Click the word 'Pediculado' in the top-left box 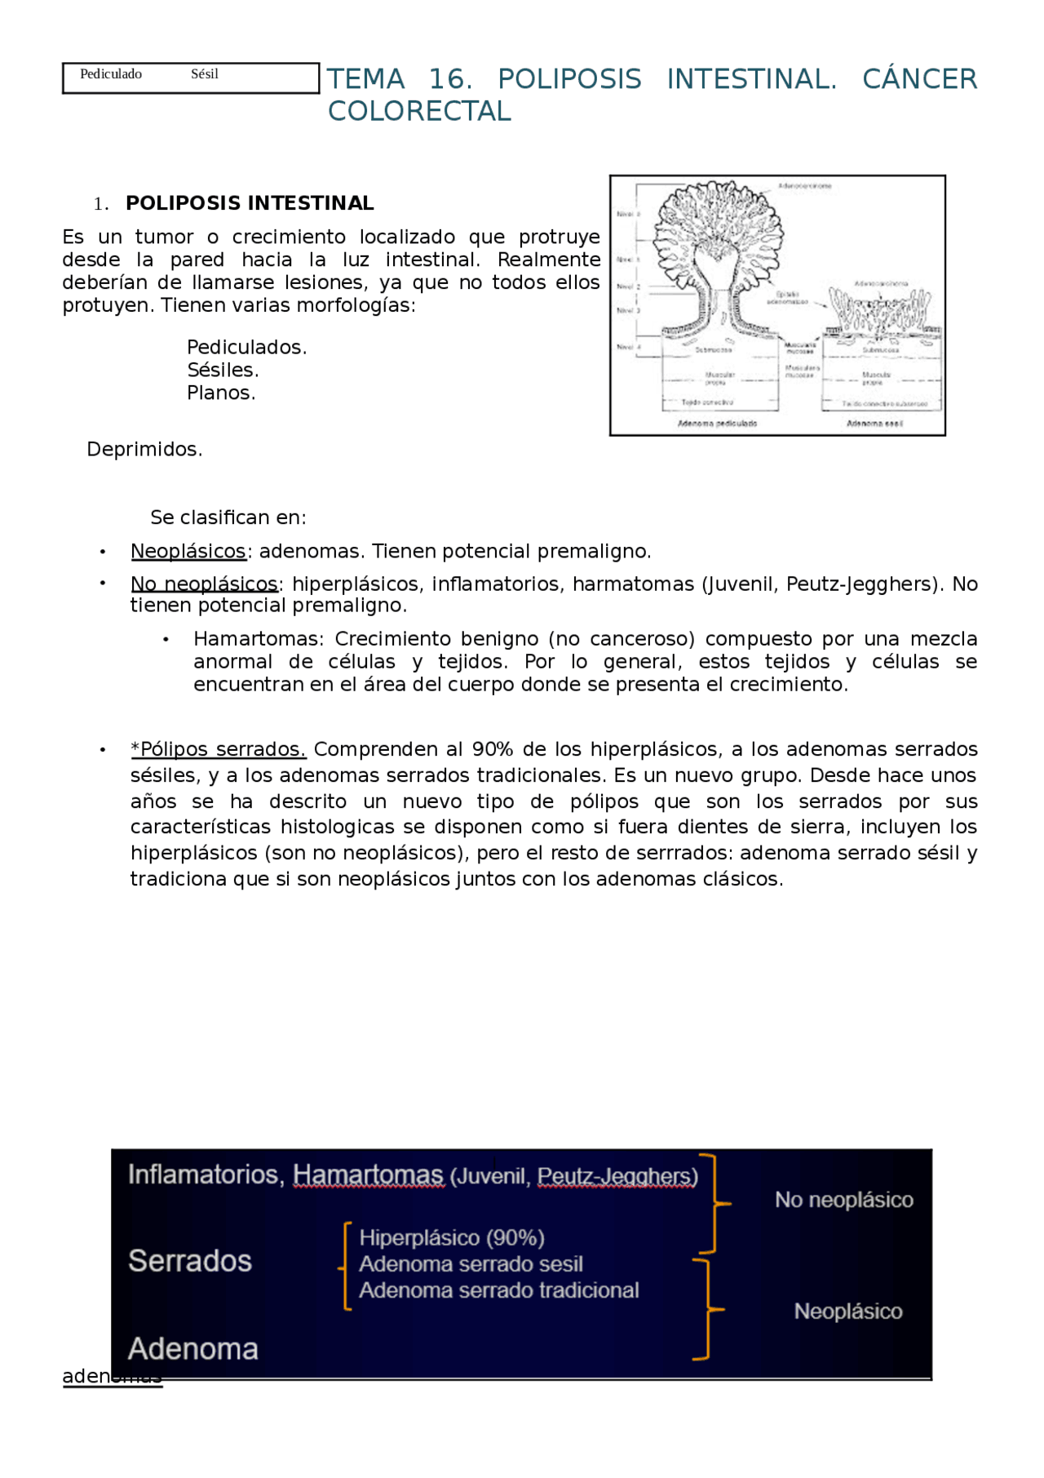(x=111, y=74)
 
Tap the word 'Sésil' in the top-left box (x=205, y=74)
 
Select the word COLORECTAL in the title (x=419, y=111)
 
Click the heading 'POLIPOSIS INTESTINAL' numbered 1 (x=250, y=203)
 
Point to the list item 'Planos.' (x=221, y=393)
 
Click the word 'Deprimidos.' (x=144, y=450)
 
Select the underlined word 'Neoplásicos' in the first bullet (x=188, y=552)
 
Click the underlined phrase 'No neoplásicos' (x=204, y=584)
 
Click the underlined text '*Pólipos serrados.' (x=218, y=749)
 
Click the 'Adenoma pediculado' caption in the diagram (x=717, y=424)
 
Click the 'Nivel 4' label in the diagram (x=629, y=347)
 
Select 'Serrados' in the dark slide (x=190, y=1261)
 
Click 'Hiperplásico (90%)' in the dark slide (x=452, y=1238)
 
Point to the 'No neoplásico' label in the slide (x=843, y=1200)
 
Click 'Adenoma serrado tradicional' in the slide (x=498, y=1290)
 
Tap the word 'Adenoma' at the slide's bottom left (x=193, y=1349)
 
